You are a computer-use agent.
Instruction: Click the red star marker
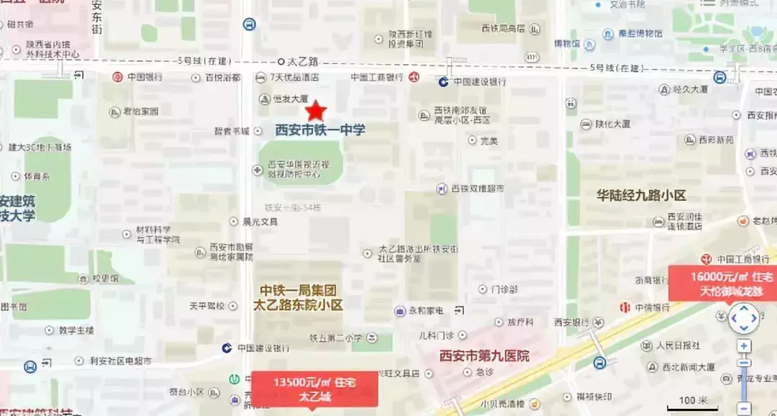click(316, 111)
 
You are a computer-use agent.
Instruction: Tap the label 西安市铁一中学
click(320, 130)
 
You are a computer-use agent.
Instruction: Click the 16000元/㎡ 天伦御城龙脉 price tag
click(722, 284)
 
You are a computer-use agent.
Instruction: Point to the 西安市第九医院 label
click(484, 356)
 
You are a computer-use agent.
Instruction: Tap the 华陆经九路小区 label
click(642, 195)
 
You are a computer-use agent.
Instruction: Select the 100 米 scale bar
click(692, 402)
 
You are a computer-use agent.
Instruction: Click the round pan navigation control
click(743, 317)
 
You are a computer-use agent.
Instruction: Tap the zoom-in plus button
click(744, 346)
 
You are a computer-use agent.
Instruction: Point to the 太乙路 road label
click(303, 62)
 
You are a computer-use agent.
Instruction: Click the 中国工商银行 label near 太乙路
click(376, 77)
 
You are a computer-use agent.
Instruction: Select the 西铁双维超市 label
click(477, 189)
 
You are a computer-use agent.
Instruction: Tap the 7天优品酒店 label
click(294, 77)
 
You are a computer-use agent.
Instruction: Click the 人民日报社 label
click(678, 345)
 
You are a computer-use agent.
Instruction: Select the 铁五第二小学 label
click(335, 337)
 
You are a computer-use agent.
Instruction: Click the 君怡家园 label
click(139, 112)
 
